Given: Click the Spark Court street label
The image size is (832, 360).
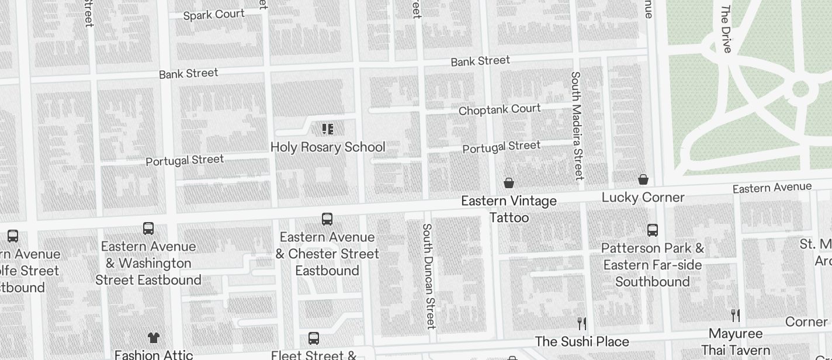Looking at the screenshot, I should tap(214, 15).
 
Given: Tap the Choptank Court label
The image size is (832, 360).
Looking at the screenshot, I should tap(500, 110).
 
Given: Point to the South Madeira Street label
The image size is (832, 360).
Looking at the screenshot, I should tap(577, 126).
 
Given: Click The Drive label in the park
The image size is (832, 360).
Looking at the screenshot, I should tap(727, 29).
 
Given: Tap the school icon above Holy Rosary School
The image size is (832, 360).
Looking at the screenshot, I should tap(327, 129).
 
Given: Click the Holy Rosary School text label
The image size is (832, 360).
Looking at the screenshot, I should tap(328, 147).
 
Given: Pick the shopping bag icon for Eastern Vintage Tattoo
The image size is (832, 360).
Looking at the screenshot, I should tap(509, 183).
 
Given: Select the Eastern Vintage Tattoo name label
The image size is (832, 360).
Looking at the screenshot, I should tap(509, 209).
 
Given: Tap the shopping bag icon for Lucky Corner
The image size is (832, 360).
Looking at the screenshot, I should tap(643, 179).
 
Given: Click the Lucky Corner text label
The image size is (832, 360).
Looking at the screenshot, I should tap(643, 198).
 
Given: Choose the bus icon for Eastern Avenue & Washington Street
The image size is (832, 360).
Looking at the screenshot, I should tap(148, 228).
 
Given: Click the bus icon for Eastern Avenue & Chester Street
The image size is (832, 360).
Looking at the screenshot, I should tap(327, 219).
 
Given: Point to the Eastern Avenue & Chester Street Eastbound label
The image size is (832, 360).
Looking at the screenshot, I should tap(327, 254).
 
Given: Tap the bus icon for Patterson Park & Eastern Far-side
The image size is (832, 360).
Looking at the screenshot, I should tap(653, 230).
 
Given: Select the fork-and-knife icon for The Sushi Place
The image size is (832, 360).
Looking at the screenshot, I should tap(582, 324).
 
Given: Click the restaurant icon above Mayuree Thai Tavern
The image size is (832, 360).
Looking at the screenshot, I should tap(736, 316).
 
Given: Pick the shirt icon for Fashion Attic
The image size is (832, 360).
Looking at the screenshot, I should tap(153, 337).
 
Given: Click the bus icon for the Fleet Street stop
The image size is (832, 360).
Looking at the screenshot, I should tap(314, 338).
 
